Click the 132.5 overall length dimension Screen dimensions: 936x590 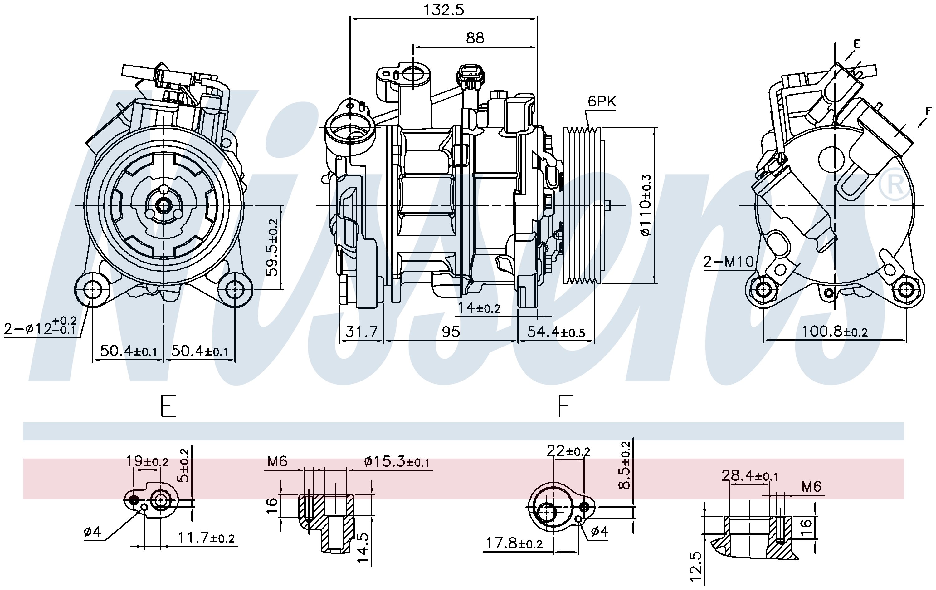pos(444,10)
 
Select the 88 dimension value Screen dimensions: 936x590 pos(475,38)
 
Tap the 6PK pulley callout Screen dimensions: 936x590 pos(602,101)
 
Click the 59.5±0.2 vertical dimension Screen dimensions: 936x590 pos(272,247)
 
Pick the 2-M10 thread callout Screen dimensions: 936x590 pos(729,262)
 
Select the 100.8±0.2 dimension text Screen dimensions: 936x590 pos(835,331)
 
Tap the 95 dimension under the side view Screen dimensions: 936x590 pos(451,332)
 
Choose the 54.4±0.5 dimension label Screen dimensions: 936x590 pos(556,332)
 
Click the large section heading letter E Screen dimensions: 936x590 pos(168,406)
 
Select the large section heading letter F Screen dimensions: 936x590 pos(565,406)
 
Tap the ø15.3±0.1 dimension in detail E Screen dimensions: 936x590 pos(397,462)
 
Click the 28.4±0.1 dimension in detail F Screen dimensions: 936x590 pos(750,476)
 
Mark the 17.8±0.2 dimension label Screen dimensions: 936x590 pos(514,543)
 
